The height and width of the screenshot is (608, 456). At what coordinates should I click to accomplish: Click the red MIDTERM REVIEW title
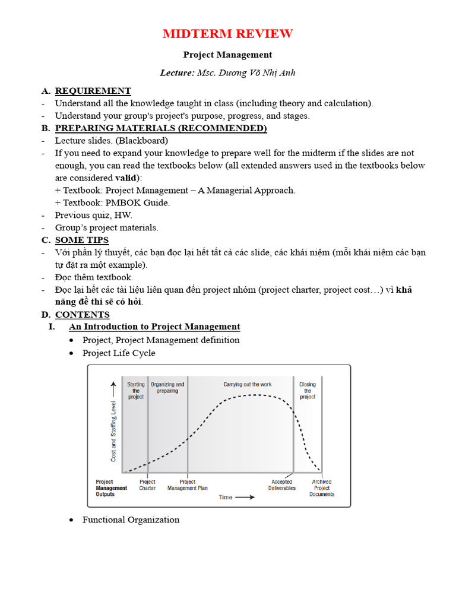click(228, 34)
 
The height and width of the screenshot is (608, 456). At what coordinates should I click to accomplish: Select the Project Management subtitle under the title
click(227, 55)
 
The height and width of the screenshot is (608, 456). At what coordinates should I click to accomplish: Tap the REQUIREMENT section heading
click(93, 91)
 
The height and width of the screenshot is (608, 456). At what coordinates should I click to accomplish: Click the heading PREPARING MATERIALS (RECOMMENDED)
click(161, 128)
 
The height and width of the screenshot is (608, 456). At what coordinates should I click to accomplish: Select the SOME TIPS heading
click(82, 240)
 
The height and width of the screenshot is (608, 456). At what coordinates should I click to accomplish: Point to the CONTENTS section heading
click(82, 315)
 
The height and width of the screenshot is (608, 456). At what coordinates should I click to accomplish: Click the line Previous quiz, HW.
click(94, 215)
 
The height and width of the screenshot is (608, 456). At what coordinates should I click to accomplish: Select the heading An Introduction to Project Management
click(154, 327)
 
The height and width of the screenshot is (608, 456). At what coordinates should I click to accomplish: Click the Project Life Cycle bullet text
click(119, 353)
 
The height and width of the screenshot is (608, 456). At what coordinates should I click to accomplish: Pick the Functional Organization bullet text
click(131, 520)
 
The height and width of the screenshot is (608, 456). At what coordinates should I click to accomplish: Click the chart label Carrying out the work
click(248, 385)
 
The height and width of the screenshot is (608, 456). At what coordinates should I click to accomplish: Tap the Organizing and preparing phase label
click(167, 388)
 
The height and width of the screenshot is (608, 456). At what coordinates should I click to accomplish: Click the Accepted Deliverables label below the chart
click(282, 485)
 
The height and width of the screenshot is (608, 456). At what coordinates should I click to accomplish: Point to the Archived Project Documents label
click(322, 488)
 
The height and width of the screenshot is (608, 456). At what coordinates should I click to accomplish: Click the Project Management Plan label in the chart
click(187, 485)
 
